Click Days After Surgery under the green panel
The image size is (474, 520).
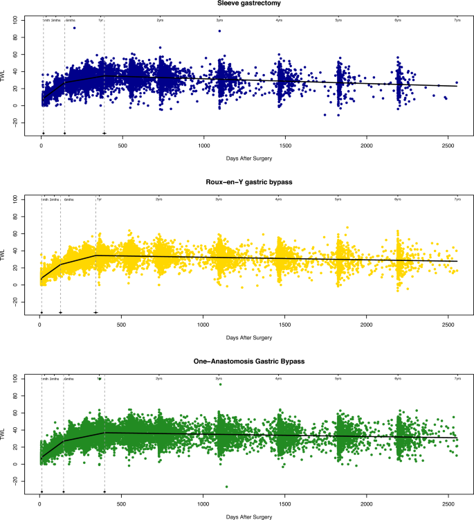(249, 516)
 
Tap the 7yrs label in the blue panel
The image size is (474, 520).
(457, 20)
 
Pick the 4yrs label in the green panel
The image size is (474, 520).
(279, 379)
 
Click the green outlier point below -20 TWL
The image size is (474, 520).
(226, 487)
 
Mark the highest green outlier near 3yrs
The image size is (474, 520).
(220, 384)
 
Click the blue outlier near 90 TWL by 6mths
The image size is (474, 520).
(75, 28)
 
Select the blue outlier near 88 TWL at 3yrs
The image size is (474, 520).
(220, 30)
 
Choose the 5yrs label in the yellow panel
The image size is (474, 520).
(338, 199)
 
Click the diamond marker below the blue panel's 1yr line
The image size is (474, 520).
(104, 133)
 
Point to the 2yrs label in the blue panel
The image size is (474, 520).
(160, 20)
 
